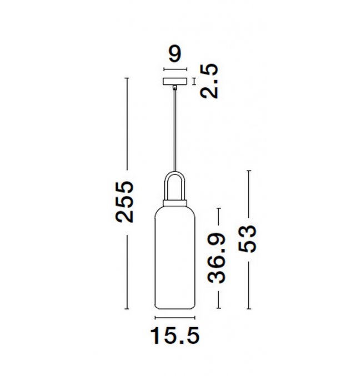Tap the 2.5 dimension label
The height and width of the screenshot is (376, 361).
click(209, 81)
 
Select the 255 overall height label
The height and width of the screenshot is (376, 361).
click(124, 202)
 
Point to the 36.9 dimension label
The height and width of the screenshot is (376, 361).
click(217, 258)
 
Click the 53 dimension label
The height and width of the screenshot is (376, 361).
click(247, 239)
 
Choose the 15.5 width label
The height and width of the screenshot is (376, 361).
click(175, 335)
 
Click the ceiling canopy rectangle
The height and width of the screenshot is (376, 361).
click(175, 81)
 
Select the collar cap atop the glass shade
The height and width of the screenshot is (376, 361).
click(175, 203)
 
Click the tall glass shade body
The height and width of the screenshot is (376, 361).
click(175, 258)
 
